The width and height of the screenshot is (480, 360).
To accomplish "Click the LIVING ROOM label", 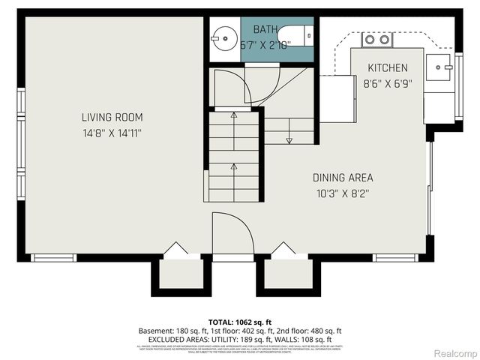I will [112, 117].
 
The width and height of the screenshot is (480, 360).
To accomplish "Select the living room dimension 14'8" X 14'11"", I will [112, 133].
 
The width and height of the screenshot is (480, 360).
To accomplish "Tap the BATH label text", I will [265, 29].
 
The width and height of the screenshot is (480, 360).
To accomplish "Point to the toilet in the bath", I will [296, 35].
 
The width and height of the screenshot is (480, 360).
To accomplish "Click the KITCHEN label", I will [386, 68].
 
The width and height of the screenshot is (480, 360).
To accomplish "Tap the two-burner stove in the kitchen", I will [377, 39].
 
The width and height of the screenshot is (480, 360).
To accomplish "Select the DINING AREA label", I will [343, 178].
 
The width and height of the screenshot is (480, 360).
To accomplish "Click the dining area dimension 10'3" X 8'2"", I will [343, 193].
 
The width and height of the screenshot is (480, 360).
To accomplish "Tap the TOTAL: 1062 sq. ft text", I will [240, 321].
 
